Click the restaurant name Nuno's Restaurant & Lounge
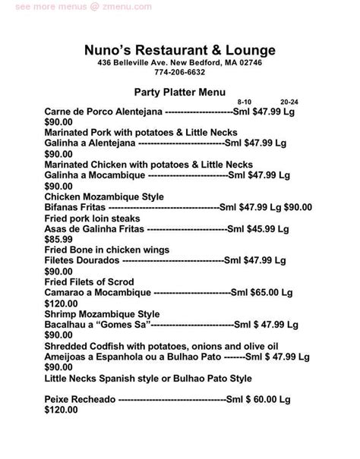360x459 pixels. (x=179, y=50)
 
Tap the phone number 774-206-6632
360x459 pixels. (x=180, y=73)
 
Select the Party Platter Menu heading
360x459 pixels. (x=180, y=93)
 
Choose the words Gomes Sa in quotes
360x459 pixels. (x=125, y=323)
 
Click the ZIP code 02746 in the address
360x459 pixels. (x=248, y=63)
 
